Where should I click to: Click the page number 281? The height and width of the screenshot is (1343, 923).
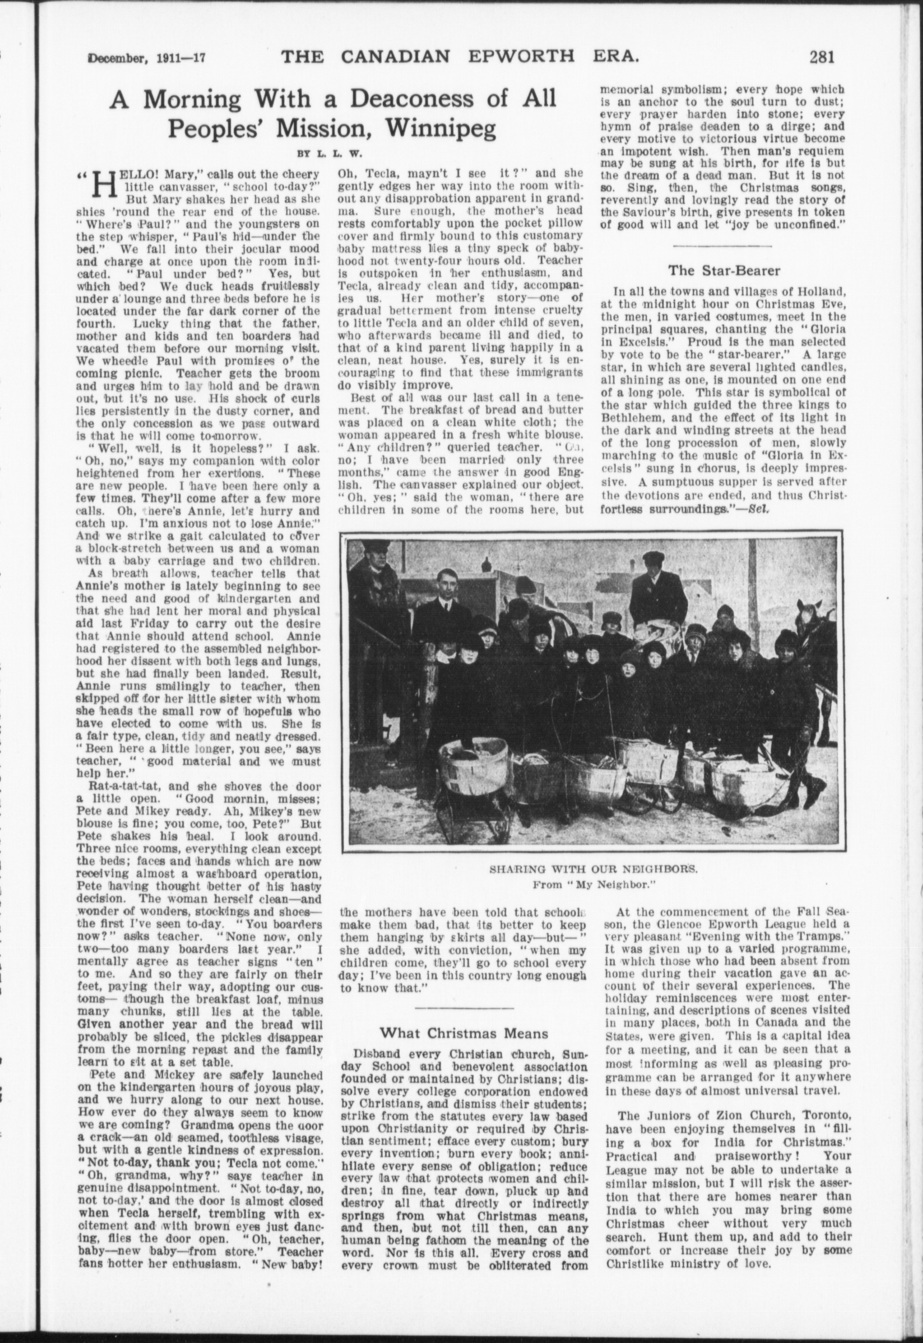pyautogui.click(x=821, y=57)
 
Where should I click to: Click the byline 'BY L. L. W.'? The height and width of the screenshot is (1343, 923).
pyautogui.click(x=330, y=154)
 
